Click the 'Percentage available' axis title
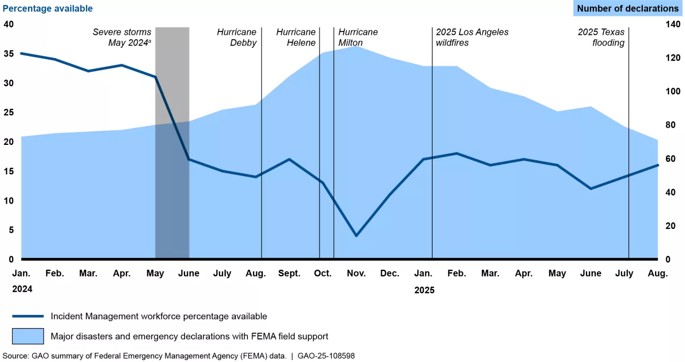click(48, 8)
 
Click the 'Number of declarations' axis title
click(628, 8)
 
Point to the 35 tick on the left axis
click(8, 54)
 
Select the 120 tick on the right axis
click(672, 58)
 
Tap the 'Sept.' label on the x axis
click(289, 274)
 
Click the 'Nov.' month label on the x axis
click(356, 274)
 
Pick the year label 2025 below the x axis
click(424, 290)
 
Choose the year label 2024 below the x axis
click(22, 289)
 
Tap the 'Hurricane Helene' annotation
click(296, 37)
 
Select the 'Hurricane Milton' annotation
click(358, 37)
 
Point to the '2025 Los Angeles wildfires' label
click(472, 37)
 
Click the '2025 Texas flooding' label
click(601, 37)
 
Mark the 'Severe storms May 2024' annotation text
click(122, 37)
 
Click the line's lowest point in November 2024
click(356, 236)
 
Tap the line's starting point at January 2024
click(21, 53)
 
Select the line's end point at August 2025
click(658, 165)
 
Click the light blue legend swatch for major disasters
click(28, 336)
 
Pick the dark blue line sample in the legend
click(28, 316)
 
